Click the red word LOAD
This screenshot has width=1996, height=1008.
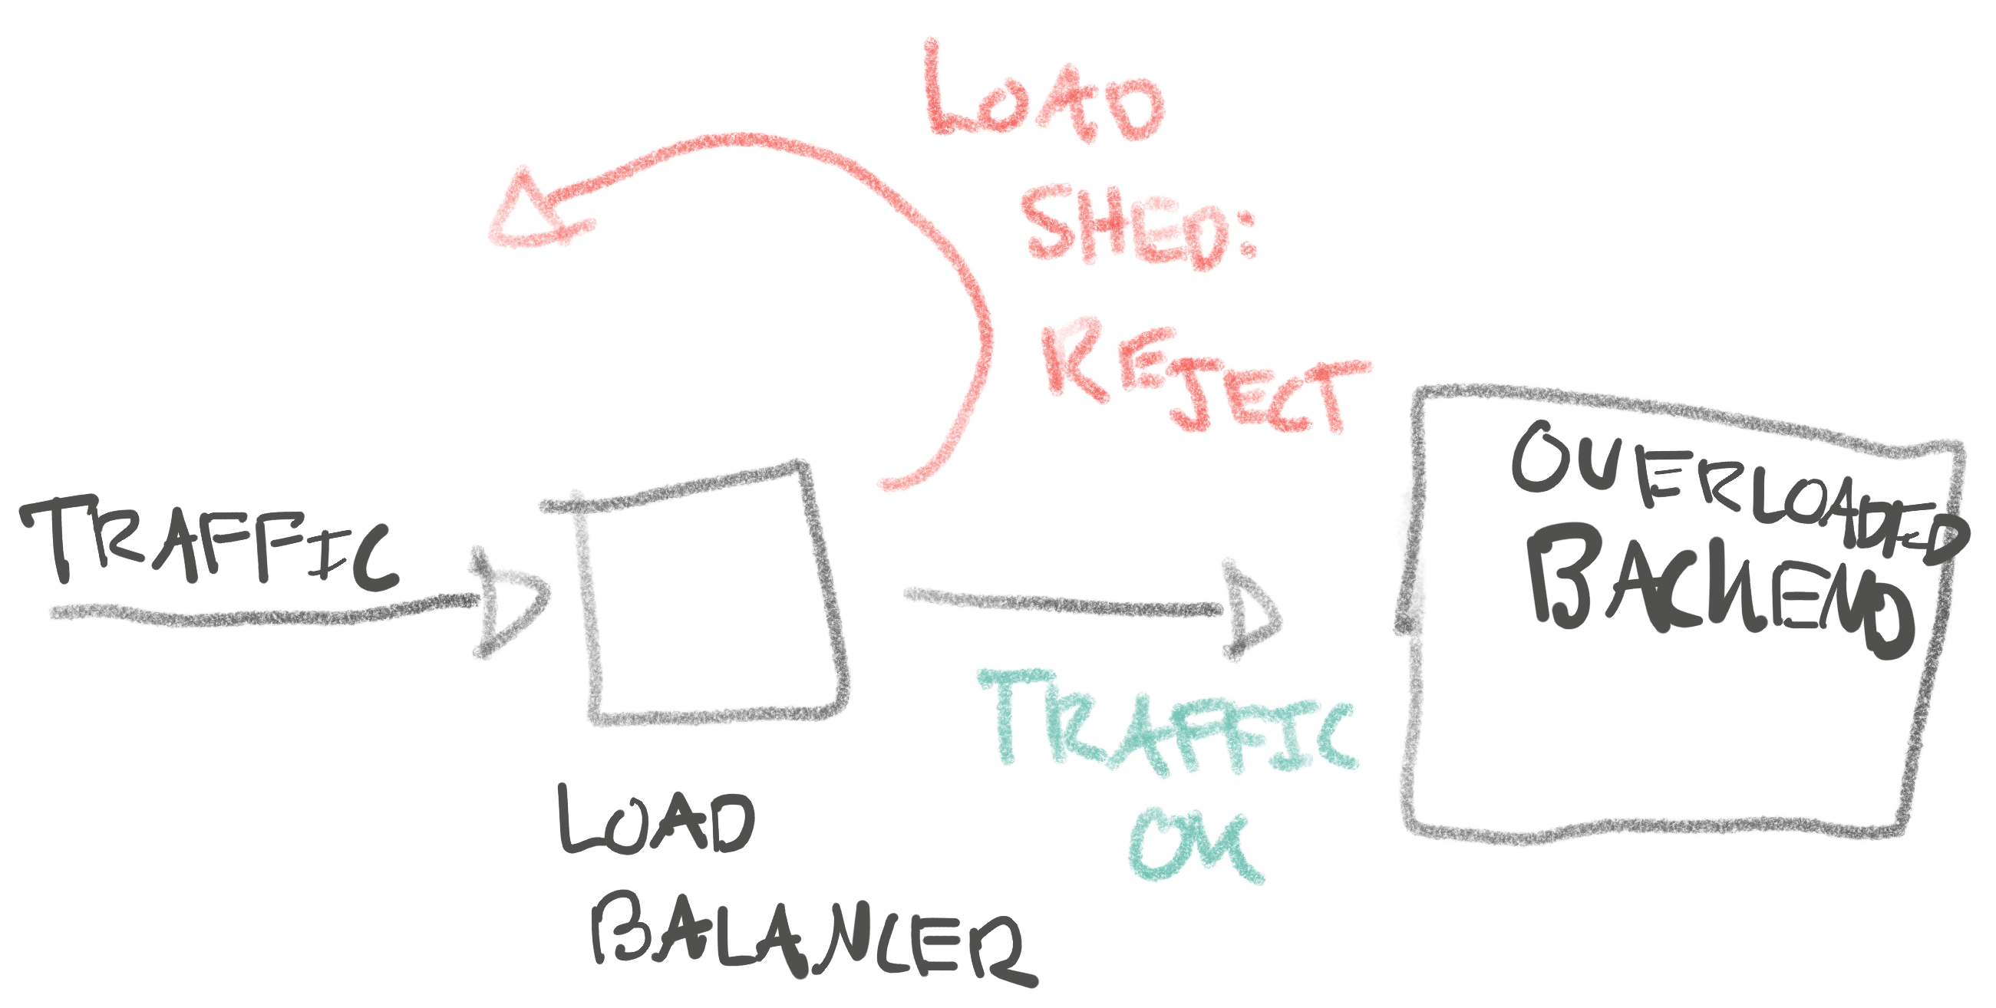click(x=1042, y=97)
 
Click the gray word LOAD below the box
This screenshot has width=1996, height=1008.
click(x=655, y=822)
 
